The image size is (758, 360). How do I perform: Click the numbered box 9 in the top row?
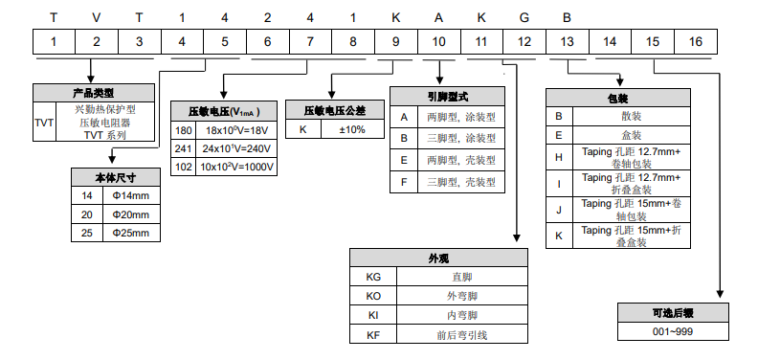395,41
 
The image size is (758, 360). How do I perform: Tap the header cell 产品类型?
93,93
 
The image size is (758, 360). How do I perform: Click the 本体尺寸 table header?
116,178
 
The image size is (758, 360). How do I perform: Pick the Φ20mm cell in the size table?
131,214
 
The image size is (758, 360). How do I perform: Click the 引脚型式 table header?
447,97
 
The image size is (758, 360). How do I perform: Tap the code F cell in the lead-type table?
404,181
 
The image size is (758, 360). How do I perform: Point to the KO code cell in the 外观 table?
373,296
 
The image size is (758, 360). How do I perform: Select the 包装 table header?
618,98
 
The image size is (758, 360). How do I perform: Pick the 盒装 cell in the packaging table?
632,135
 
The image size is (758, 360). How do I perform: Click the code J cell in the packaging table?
559,209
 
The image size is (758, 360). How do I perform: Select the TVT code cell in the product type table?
44,123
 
